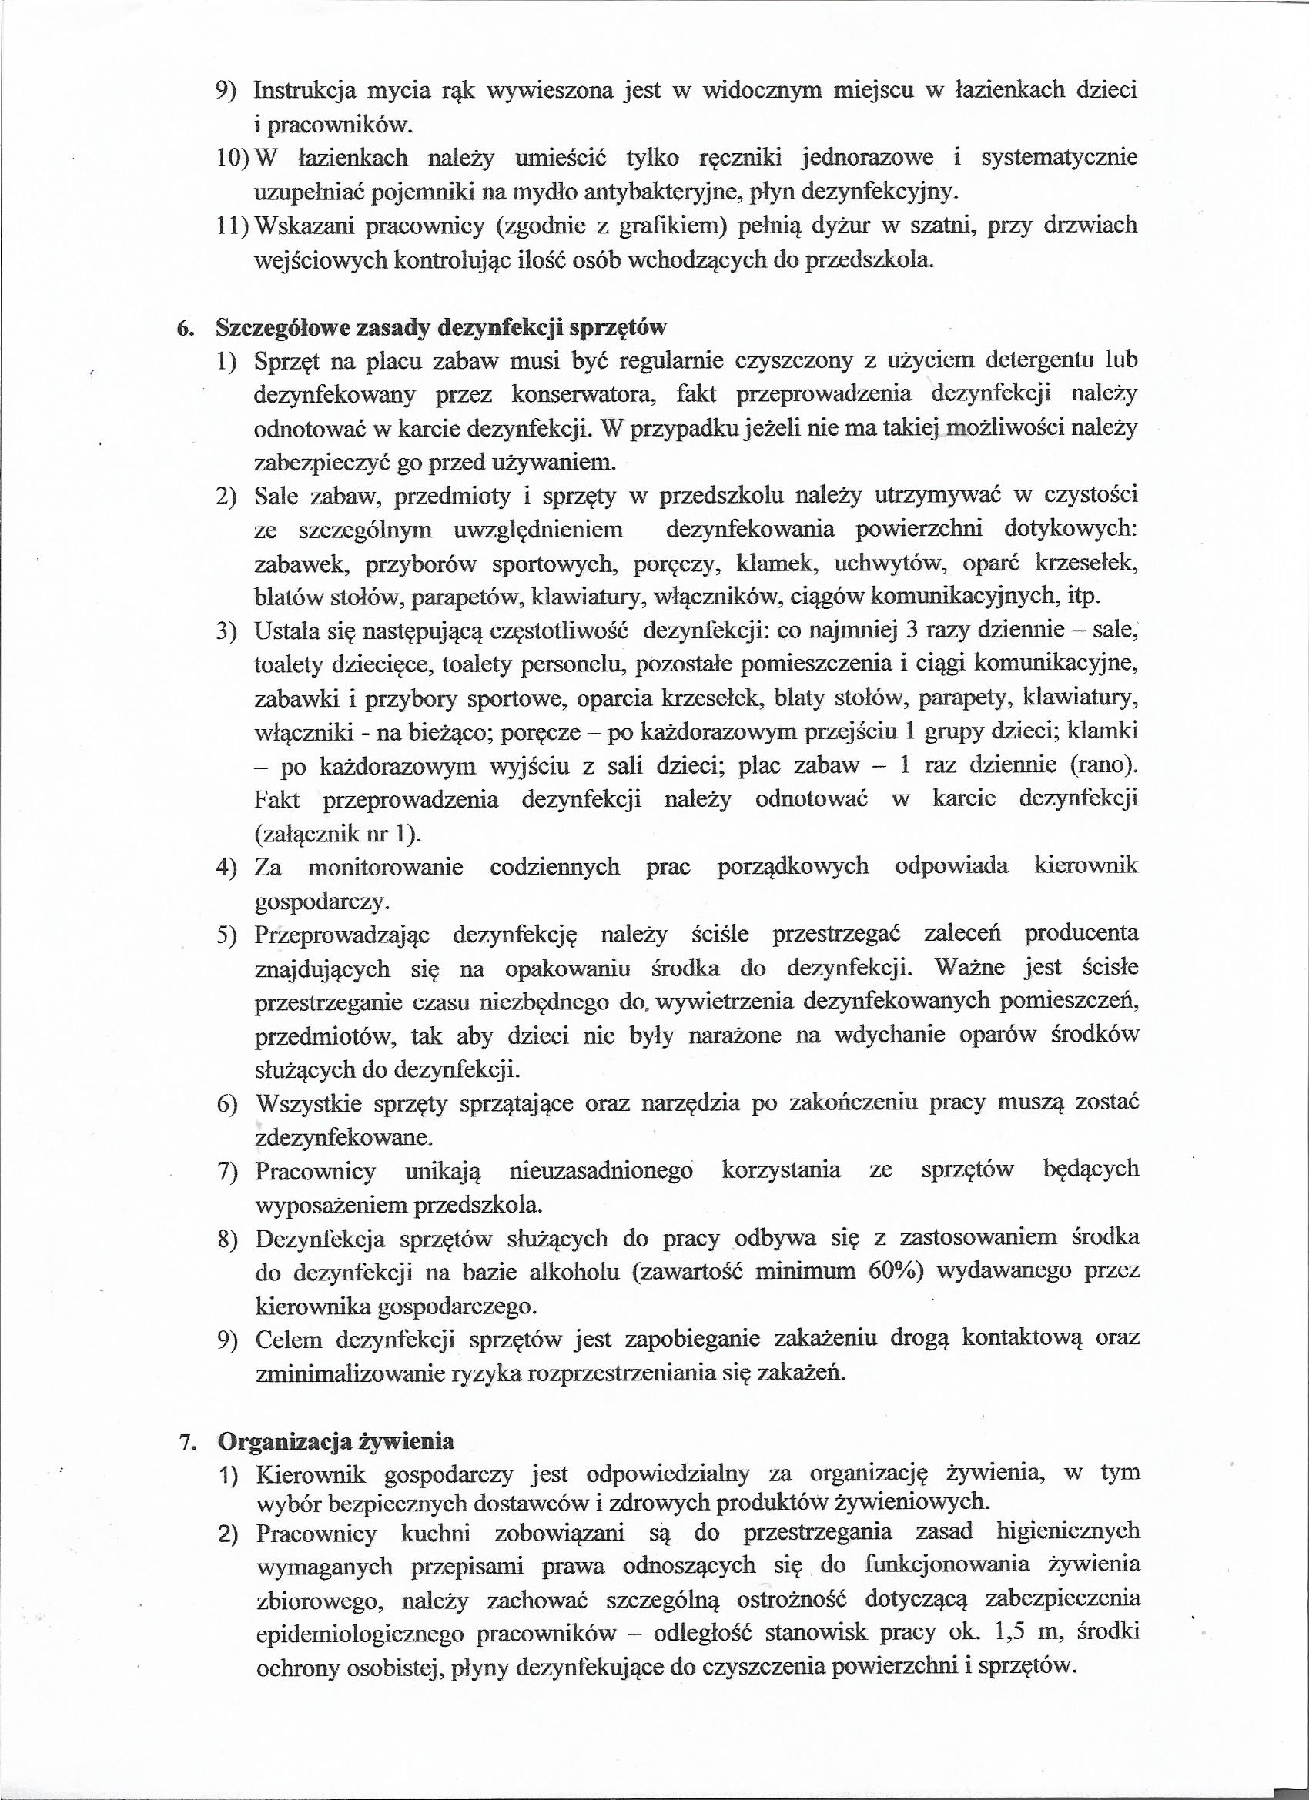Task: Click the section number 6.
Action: click(185, 327)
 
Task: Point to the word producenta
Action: click(1081, 933)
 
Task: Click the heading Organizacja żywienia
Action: click(336, 1440)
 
